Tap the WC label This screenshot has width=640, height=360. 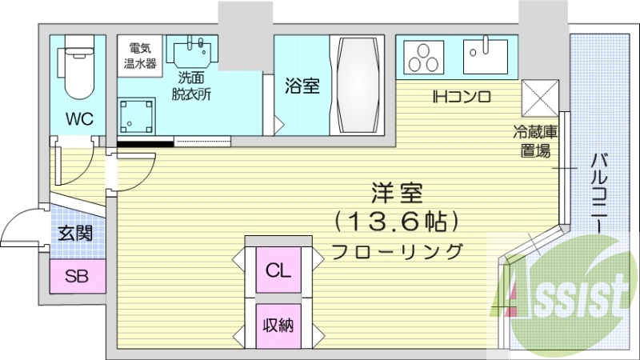click(79, 120)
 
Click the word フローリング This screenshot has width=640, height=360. click(398, 250)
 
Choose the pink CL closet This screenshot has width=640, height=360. click(278, 269)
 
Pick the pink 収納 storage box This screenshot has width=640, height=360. click(278, 325)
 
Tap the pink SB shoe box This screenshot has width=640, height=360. click(77, 277)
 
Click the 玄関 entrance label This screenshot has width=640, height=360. click(76, 234)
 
